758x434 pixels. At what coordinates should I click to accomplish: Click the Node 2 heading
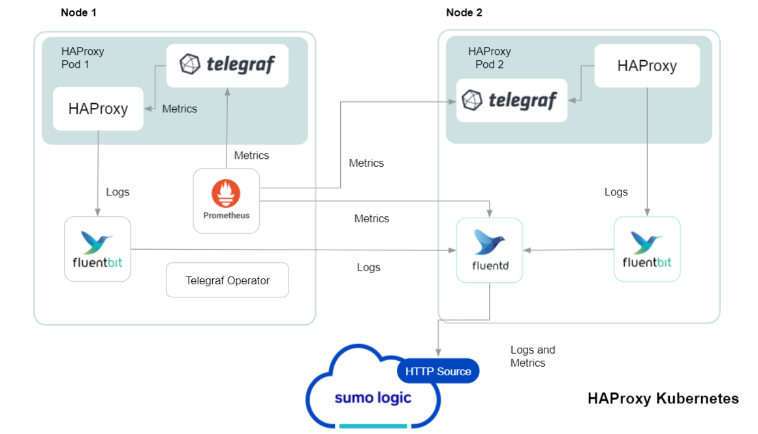point(464,12)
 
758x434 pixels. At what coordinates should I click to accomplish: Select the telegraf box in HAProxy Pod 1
point(227,65)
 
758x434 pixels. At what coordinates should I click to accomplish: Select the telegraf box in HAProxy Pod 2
point(511,101)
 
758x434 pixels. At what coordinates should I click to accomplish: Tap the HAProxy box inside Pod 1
point(98,108)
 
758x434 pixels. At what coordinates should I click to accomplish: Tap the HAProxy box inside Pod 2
point(646,66)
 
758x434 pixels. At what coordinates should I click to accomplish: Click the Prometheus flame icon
point(226,194)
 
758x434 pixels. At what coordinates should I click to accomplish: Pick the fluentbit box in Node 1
point(98,249)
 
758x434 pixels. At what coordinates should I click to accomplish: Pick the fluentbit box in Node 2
point(647,249)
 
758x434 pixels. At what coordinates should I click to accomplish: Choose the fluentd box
point(489,250)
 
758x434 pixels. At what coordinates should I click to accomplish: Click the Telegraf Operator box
point(227,280)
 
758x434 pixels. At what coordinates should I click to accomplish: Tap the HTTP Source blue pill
point(438,371)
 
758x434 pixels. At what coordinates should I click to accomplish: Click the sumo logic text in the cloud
point(373,397)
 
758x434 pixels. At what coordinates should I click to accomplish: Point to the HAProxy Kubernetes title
point(663,399)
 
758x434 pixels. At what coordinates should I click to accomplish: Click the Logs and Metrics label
point(532,356)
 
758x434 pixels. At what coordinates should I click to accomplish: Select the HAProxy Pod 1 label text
point(82,58)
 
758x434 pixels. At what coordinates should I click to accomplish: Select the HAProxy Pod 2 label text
point(489,58)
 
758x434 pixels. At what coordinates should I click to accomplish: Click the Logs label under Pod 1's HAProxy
point(118,192)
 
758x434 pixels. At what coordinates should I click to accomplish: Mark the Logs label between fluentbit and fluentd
point(368,267)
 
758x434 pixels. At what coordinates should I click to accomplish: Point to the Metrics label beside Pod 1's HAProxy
point(180,109)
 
